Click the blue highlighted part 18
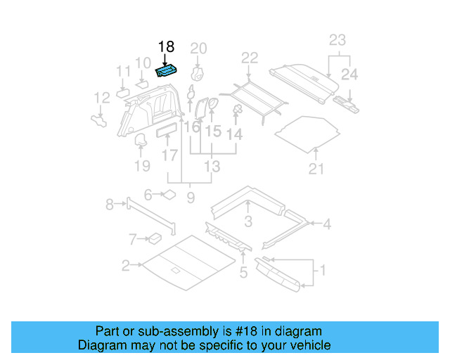pos(167,70)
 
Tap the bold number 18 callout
pos(166,47)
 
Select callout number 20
pos(199,48)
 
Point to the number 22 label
pos(250,58)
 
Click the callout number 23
pos(337,40)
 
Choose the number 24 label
pos(349,74)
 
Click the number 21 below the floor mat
pos(316,169)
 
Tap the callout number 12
pos(102,98)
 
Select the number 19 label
pos(142,166)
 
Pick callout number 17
pos(169,154)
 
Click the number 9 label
pos(190,198)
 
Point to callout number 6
pos(148,195)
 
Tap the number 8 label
pos(109,205)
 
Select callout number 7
pos(134,240)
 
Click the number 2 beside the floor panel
pos(125,265)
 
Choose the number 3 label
pos(248,223)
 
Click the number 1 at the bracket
pos(323,269)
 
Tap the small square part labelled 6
pos(169,195)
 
